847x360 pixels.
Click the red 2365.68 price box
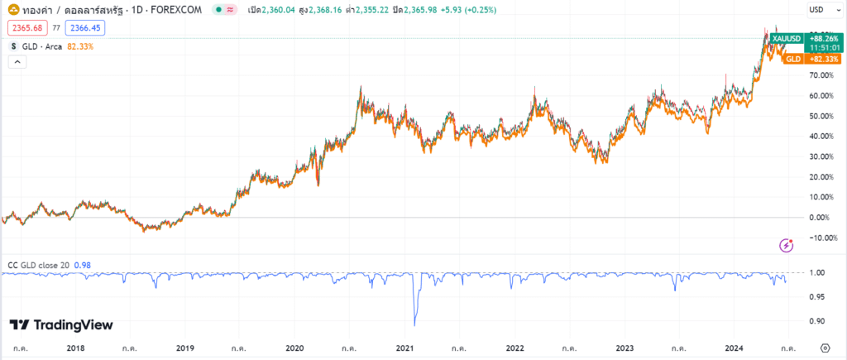(x=26, y=27)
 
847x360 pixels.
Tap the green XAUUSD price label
(x=786, y=38)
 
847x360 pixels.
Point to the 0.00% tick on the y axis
(x=821, y=218)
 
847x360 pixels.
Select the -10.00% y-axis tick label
(x=819, y=238)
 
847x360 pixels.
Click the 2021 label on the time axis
(x=404, y=349)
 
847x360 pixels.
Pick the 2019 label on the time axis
(x=184, y=349)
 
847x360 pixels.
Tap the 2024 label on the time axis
(x=735, y=349)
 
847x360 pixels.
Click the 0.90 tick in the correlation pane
(x=817, y=321)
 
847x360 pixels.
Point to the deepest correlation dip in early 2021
(x=414, y=324)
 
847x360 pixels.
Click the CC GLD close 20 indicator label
(x=39, y=265)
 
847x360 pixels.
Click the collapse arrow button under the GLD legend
(x=14, y=64)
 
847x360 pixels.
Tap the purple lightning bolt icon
(x=787, y=245)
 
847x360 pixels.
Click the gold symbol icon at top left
(x=13, y=9)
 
